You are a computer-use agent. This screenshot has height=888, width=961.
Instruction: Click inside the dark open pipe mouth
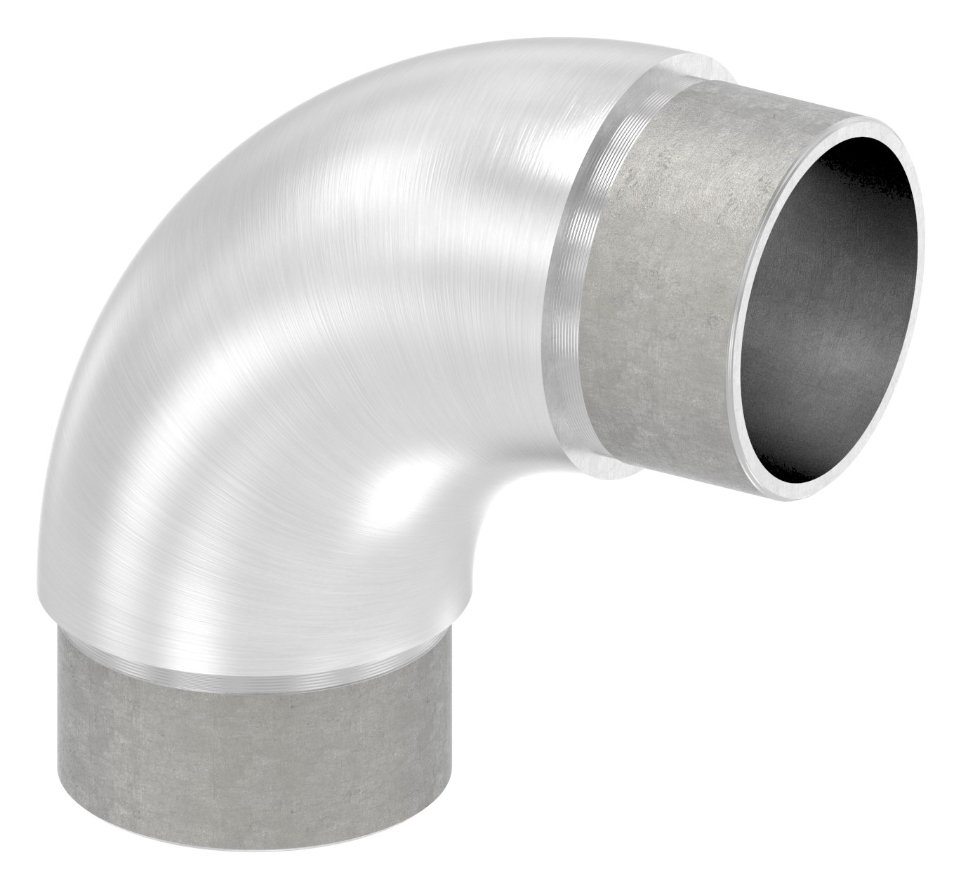(828, 295)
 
